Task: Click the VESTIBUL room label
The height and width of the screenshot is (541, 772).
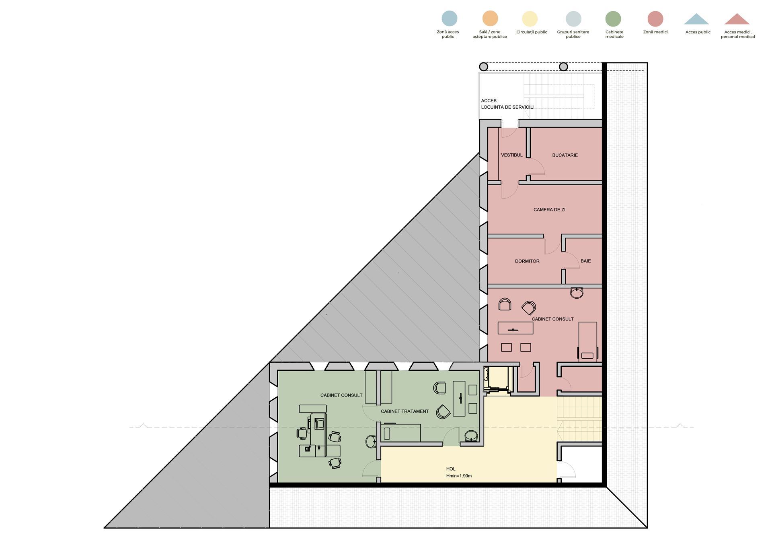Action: pos(511,155)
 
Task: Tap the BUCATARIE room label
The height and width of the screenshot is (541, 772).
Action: pos(565,155)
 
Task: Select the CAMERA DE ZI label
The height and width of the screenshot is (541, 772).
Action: pos(549,210)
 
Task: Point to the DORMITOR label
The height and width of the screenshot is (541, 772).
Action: pos(527,261)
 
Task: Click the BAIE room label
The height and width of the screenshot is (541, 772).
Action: pos(585,261)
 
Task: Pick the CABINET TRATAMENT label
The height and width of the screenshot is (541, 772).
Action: pos(404,411)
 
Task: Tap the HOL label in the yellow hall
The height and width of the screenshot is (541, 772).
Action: pos(451,469)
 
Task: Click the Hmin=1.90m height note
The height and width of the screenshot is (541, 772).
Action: pos(459,476)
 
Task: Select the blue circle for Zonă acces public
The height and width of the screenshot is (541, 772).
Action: pos(449,19)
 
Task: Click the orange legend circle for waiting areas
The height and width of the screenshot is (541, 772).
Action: pos(490,19)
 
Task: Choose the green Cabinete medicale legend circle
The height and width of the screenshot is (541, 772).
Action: pos(613,19)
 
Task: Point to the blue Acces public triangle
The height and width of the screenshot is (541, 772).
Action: pos(696,19)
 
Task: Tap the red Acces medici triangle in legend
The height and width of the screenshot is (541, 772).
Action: pos(737,19)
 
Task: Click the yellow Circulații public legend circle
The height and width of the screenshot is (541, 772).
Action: pos(530,19)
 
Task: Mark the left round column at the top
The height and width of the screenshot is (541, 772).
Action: pos(484,67)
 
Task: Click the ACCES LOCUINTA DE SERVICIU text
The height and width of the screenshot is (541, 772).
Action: pos(507,104)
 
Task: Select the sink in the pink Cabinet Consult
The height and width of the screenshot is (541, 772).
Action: pos(577,293)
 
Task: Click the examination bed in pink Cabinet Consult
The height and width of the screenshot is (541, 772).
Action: pos(587,341)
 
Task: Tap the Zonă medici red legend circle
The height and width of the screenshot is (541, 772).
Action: pos(655,19)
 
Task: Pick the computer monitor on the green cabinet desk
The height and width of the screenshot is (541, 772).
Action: pos(320,423)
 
